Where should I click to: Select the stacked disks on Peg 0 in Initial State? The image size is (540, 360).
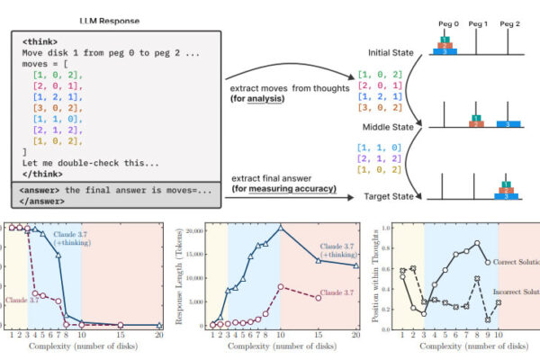tap(444, 46)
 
